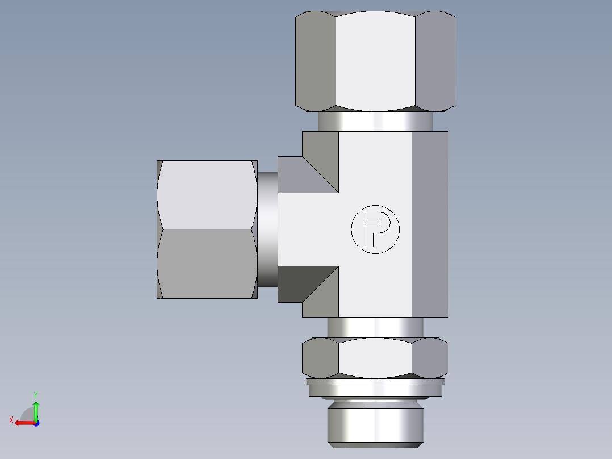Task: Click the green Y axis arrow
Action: (36, 408)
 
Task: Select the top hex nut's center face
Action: (375, 61)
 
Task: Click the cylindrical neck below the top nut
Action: (375, 121)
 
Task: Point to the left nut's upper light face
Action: (206, 194)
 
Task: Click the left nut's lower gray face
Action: (206, 264)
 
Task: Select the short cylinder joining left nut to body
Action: (267, 229)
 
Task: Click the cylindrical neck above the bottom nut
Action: (375, 327)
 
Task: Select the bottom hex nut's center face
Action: (375, 358)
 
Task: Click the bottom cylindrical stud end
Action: (375, 423)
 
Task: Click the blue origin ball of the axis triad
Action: (36, 423)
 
